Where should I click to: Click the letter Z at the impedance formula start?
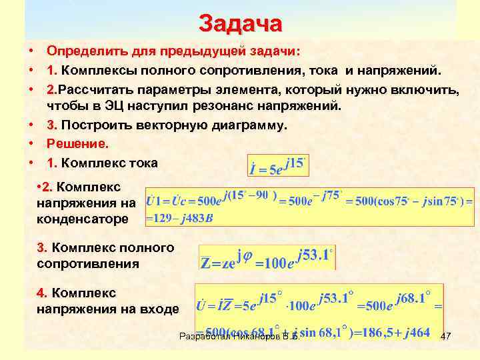click(207, 262)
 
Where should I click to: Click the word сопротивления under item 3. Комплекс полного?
click(88, 263)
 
